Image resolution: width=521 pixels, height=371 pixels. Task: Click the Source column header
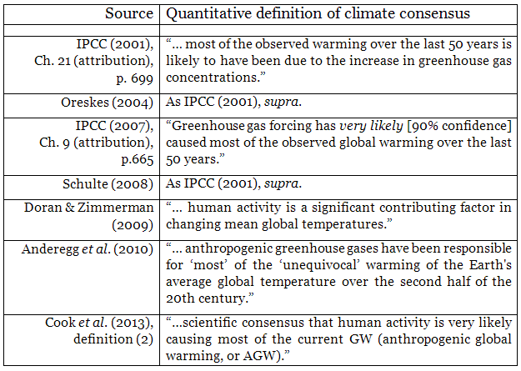129,14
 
